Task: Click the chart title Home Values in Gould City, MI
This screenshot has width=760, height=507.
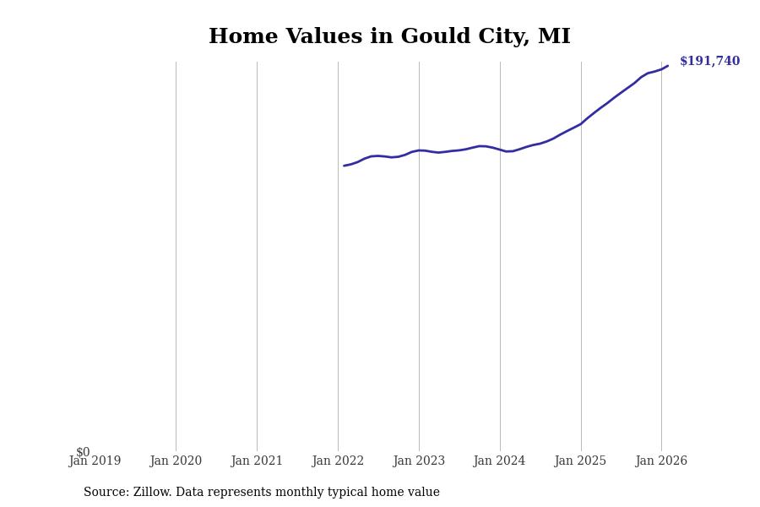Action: [389, 37]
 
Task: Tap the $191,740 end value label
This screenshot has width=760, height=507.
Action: [709, 62]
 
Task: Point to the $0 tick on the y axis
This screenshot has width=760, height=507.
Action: [83, 452]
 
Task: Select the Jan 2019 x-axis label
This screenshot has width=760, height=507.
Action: [95, 461]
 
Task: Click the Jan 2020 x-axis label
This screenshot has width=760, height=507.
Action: [176, 461]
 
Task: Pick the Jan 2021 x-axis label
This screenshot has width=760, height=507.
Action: [257, 461]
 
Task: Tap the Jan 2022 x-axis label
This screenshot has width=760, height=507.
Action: [338, 461]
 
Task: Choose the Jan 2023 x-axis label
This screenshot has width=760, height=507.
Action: [419, 461]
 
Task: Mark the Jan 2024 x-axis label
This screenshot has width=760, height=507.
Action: [499, 461]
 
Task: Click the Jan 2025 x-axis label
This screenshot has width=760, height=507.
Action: [580, 461]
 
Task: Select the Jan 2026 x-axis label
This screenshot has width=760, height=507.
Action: [661, 461]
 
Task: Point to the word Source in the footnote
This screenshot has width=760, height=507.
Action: [106, 493]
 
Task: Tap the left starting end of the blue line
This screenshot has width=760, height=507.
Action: [345, 166]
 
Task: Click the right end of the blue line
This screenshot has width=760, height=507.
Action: [667, 66]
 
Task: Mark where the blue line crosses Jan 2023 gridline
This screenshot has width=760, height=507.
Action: [419, 150]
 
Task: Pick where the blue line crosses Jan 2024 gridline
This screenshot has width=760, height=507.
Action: [500, 150]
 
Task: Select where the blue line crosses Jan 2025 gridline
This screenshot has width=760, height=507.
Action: [581, 123]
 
